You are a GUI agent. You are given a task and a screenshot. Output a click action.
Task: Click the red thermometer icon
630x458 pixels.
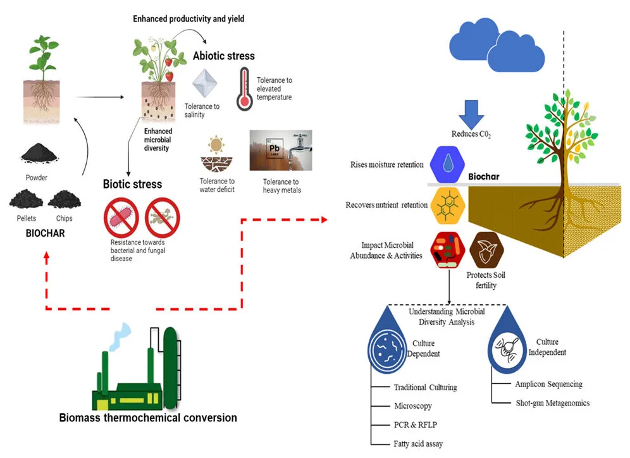click(245, 89)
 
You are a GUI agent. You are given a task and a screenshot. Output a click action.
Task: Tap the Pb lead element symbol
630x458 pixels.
click(275, 149)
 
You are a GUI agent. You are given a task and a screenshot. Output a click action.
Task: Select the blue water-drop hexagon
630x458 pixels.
click(448, 164)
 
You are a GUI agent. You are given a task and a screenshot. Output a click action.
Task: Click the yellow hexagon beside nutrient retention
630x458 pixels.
click(448, 206)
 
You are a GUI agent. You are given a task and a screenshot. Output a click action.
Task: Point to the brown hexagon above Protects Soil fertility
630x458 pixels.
click(487, 250)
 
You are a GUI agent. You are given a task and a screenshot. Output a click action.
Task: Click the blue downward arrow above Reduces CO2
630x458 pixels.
click(471, 114)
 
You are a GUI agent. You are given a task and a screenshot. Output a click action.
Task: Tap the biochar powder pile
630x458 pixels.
click(39, 154)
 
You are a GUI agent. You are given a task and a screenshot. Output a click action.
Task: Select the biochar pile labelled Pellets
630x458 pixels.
click(26, 199)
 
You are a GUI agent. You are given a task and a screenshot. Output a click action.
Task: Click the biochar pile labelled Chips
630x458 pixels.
click(65, 199)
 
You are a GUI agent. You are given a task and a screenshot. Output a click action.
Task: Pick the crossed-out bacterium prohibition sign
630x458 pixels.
click(121, 218)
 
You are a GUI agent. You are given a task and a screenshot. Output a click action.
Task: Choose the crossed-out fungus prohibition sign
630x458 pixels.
click(163, 218)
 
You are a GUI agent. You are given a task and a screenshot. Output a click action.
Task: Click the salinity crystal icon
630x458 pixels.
click(204, 84)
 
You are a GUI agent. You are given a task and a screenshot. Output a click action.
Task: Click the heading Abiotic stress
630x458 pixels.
click(224, 56)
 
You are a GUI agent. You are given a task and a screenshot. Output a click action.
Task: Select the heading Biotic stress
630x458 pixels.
click(133, 184)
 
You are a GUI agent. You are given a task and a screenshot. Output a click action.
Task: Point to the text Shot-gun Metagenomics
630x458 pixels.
click(553, 403)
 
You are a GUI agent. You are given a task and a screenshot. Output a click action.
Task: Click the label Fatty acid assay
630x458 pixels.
click(418, 443)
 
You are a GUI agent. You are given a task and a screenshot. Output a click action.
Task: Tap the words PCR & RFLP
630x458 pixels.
click(416, 424)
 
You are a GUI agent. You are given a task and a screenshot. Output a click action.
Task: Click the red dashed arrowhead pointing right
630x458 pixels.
click(324, 220)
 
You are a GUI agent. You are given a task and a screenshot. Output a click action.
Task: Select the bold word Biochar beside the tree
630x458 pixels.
click(484, 176)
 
